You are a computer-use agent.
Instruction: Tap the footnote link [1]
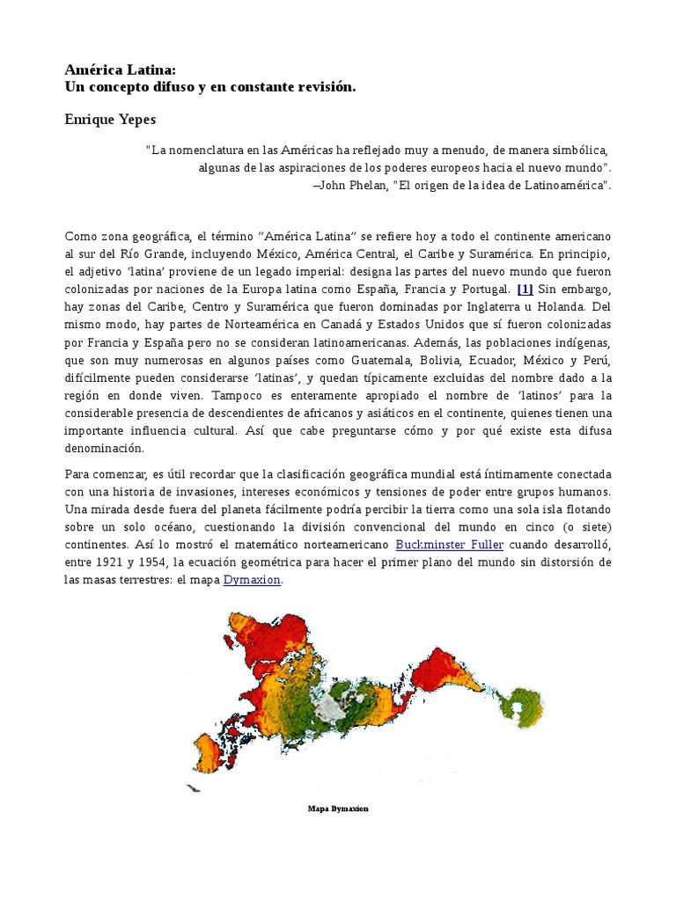(525, 289)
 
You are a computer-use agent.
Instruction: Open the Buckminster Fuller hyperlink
(449, 546)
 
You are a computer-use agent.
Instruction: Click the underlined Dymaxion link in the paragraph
(252, 581)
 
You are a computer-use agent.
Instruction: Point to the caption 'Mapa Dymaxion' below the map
(338, 809)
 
